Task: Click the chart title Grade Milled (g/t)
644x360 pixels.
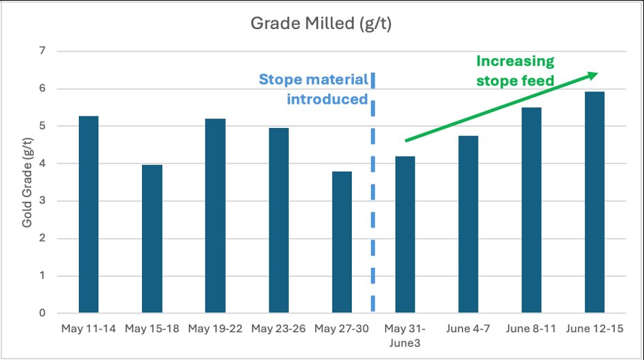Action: (x=322, y=25)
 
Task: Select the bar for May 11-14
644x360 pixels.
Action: (x=88, y=215)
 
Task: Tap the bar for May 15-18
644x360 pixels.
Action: (x=152, y=239)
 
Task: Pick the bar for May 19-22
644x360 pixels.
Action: (x=215, y=216)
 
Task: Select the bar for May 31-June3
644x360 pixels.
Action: (x=405, y=235)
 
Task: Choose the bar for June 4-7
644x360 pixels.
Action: (x=469, y=224)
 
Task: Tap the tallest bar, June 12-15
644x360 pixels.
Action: (x=595, y=202)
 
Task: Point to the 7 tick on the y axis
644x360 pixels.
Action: (x=42, y=51)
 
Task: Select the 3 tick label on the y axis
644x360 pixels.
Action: (x=42, y=201)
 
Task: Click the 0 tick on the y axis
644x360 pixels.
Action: (x=42, y=314)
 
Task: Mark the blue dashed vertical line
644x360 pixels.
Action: (x=374, y=194)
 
